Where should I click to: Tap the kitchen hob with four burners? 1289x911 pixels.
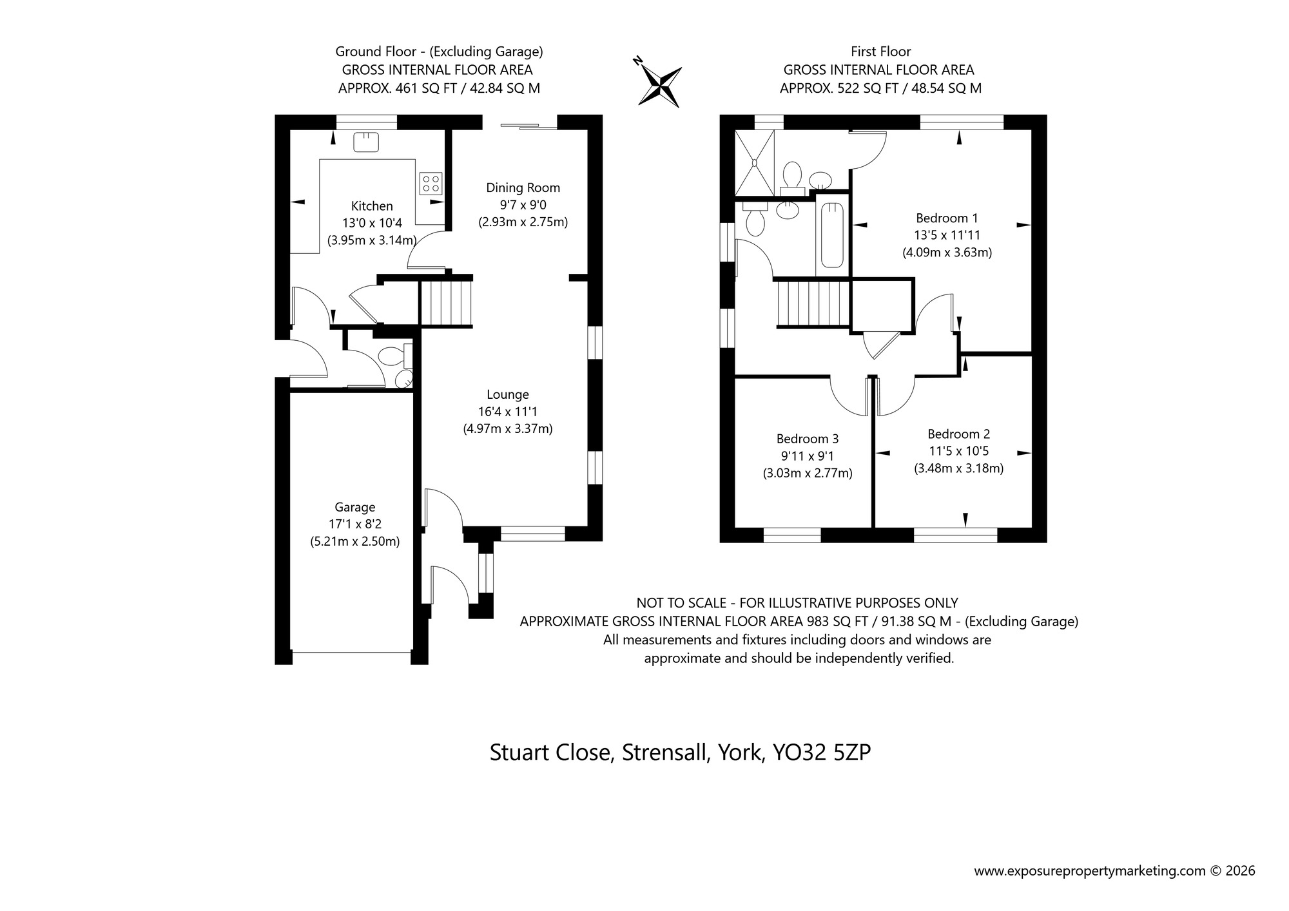tap(431, 183)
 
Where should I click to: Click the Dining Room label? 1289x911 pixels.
tap(523, 187)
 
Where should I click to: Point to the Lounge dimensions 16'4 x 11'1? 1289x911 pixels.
tap(508, 412)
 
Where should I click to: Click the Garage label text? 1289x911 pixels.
tap(354, 507)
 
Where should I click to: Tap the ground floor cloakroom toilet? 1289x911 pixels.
tap(391, 356)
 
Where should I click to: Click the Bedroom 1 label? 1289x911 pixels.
tap(946, 218)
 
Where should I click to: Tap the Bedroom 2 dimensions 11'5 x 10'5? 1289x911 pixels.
tap(958, 451)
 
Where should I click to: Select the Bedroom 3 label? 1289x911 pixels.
tap(807, 439)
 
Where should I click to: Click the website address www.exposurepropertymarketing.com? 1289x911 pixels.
tap(1089, 871)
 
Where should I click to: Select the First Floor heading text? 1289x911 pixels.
tap(880, 51)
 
